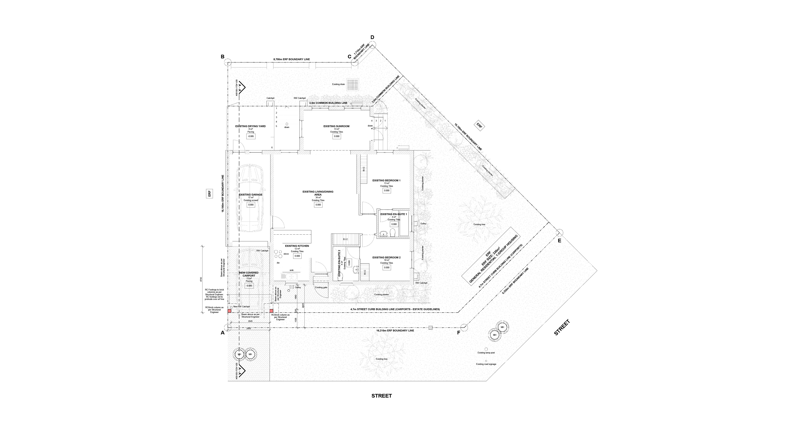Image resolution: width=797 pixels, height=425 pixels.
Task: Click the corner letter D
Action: click(x=372, y=37)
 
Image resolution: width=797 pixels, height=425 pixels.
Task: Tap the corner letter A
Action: click(x=222, y=333)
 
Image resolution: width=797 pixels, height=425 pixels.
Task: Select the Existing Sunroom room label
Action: click(x=336, y=126)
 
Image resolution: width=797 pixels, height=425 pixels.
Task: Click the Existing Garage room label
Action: click(x=251, y=195)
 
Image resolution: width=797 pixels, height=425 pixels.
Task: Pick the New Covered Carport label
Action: click(x=249, y=274)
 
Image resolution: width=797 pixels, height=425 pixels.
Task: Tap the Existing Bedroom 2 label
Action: click(x=387, y=257)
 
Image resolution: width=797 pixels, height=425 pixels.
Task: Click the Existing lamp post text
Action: click(x=486, y=353)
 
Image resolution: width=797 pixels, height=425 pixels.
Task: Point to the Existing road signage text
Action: click(x=486, y=364)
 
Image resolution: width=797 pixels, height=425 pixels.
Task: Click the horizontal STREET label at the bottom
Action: click(x=382, y=396)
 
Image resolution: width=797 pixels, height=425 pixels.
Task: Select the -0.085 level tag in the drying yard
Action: click(x=251, y=136)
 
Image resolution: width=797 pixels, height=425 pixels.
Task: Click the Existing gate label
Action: click(x=321, y=287)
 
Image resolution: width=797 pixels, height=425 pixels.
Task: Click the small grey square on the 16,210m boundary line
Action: click(x=430, y=328)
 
